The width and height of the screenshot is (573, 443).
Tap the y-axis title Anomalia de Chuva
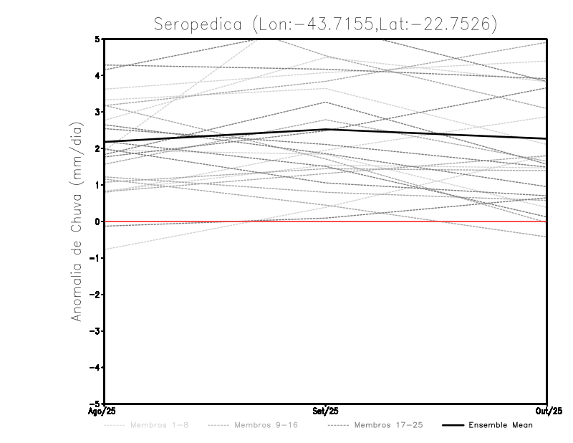coord(77,222)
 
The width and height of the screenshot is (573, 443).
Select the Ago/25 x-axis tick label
coord(104,410)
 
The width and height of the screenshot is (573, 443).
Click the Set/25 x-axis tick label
coord(326,410)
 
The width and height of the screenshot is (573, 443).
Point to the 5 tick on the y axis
coord(97,39)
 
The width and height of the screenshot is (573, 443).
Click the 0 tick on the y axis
coord(97,221)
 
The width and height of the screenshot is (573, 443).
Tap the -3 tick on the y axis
coord(95,331)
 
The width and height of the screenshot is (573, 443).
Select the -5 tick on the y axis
coord(95,403)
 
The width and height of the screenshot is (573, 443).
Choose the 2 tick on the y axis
coord(97,148)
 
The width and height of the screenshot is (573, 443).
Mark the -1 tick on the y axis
coord(95,258)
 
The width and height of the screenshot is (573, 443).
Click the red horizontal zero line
coord(215,221)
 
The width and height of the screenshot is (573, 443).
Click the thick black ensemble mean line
coord(215,135)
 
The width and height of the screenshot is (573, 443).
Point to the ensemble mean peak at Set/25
coord(326,130)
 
